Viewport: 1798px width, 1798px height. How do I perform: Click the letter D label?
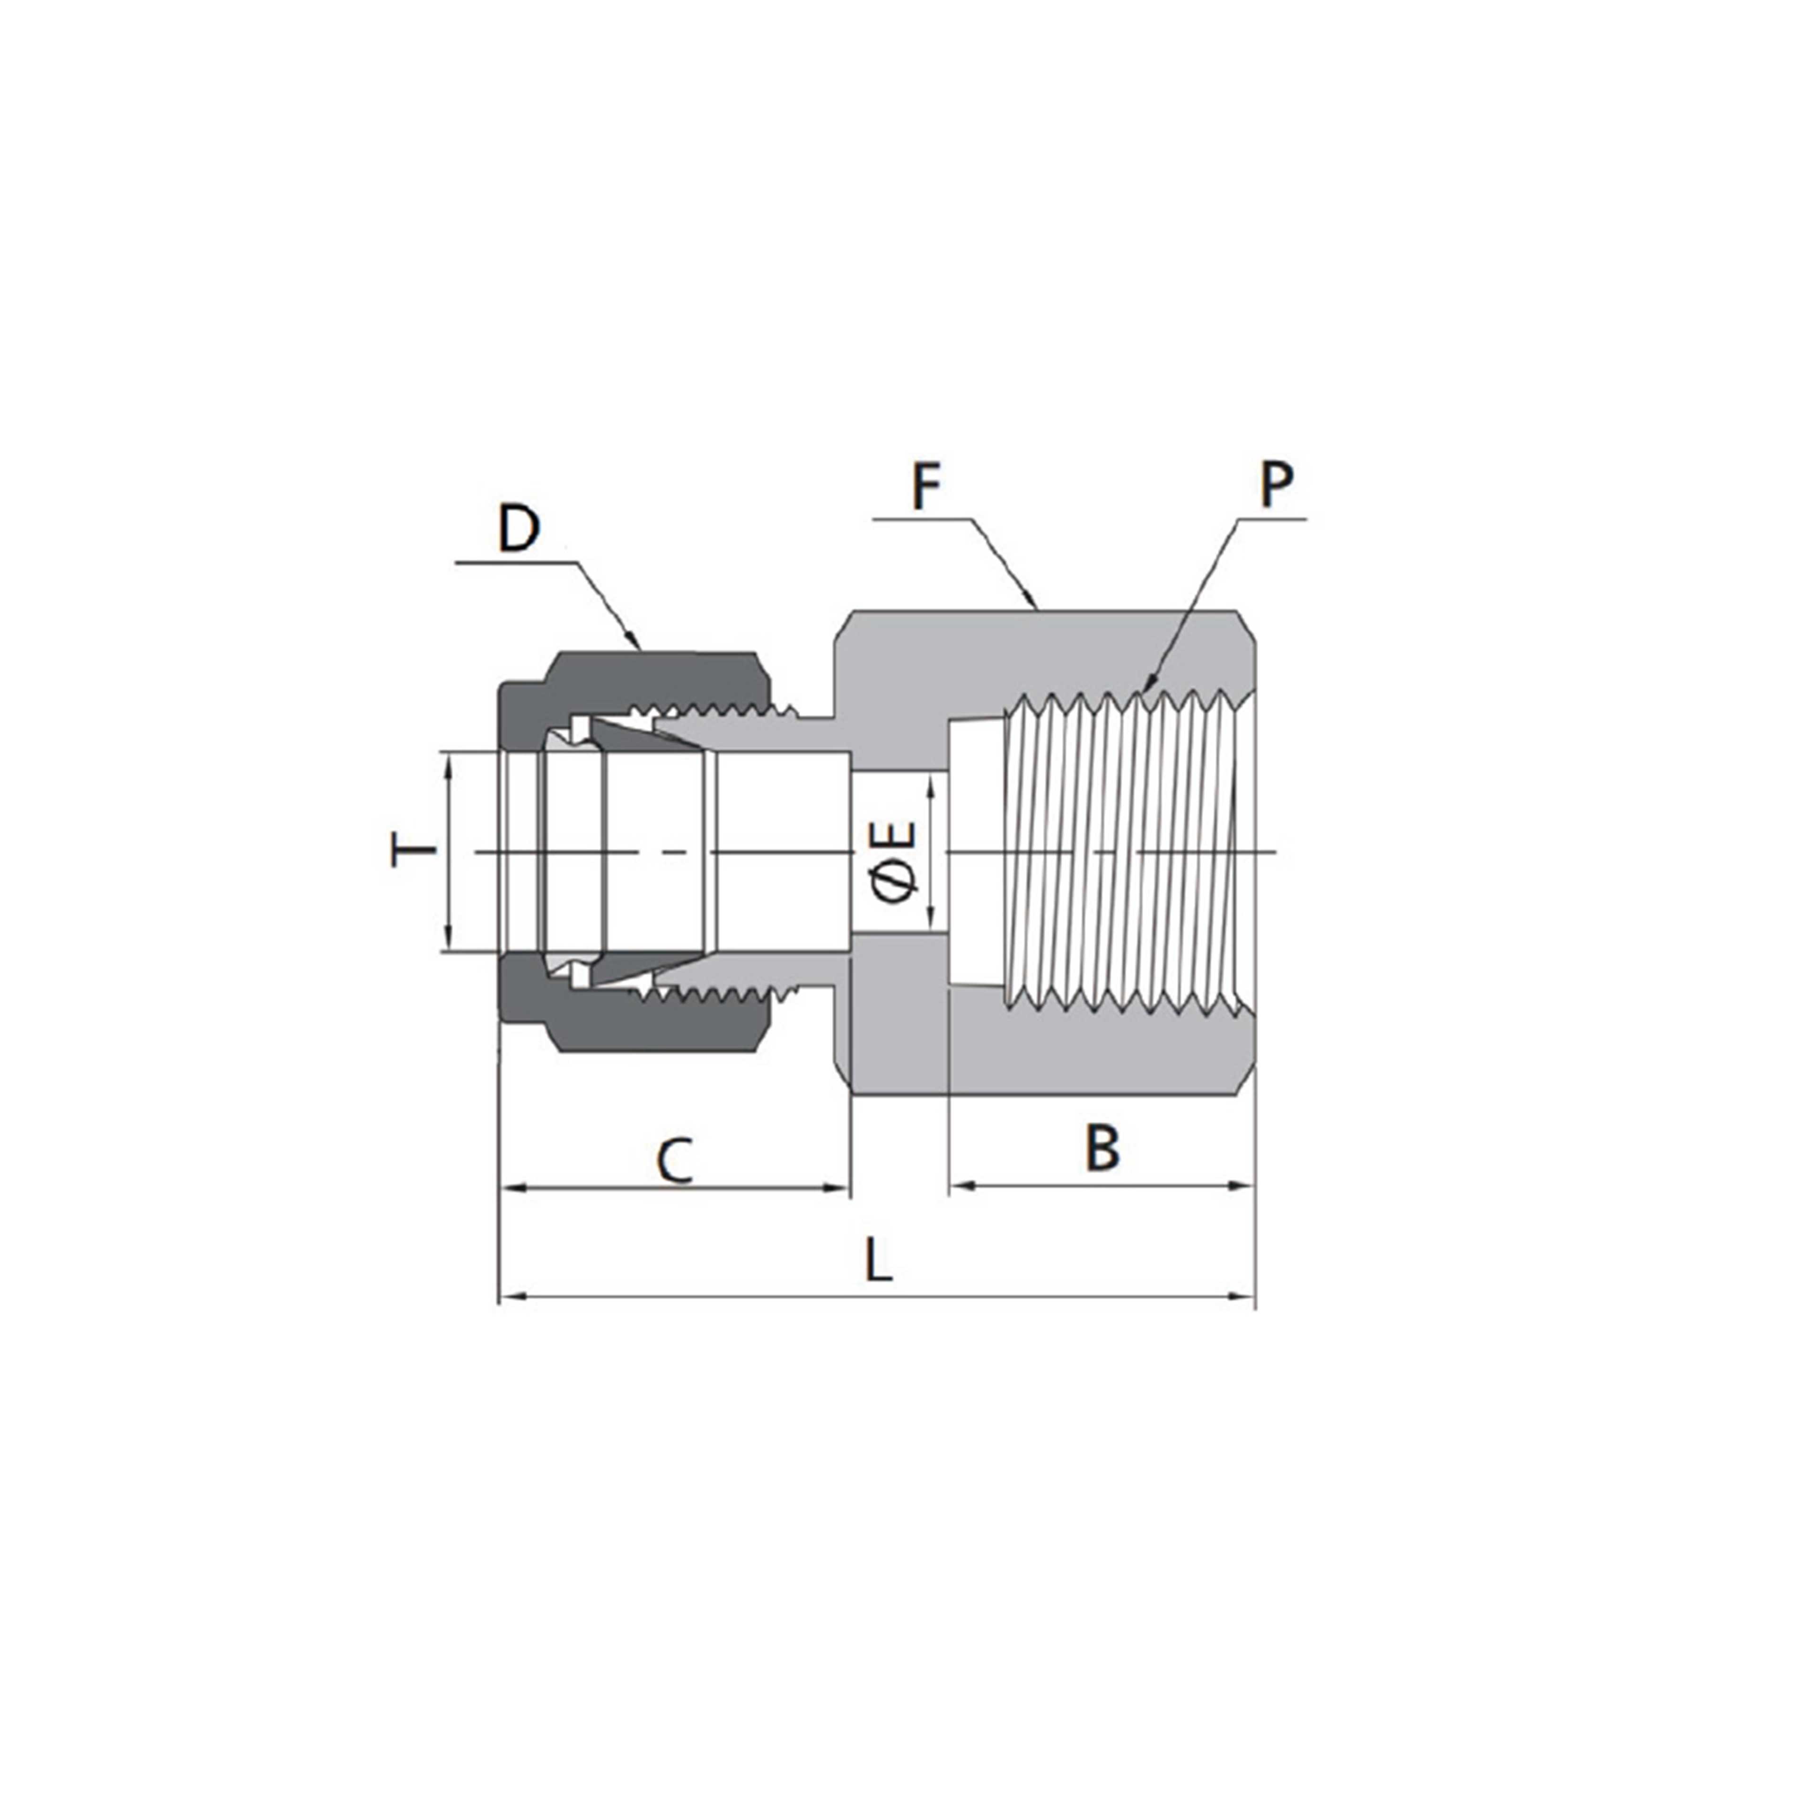click(519, 529)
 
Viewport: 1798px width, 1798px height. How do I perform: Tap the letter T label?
click(412, 851)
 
